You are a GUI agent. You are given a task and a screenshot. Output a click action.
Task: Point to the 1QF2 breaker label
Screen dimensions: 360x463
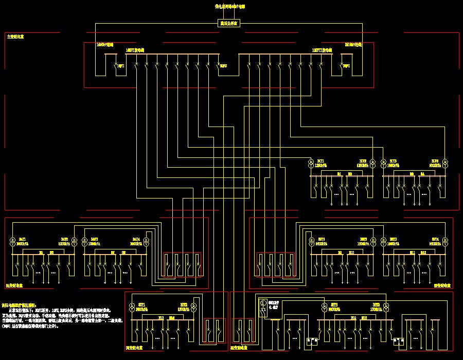point(121,66)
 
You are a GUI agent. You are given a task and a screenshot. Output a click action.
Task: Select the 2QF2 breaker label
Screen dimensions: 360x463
point(346,66)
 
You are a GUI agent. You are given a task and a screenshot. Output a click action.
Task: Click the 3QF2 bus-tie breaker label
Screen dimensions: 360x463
point(223,66)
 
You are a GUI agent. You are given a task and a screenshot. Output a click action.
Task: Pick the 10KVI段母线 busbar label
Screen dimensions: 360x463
point(135,50)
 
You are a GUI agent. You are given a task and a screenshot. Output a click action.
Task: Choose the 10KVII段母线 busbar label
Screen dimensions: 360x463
point(322,50)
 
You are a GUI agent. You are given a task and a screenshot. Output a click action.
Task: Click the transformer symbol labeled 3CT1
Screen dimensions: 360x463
point(311,164)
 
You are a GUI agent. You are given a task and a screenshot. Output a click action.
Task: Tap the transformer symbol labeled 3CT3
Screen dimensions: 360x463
point(383,164)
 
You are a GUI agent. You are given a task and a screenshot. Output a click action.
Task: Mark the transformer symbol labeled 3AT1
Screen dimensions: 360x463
point(12,241)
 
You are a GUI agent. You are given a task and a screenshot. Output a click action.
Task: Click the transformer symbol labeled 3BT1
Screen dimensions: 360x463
point(311,241)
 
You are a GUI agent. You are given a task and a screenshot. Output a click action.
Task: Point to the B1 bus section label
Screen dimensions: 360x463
point(340,175)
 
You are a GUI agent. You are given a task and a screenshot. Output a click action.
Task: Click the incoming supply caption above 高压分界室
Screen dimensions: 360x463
point(229,7)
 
